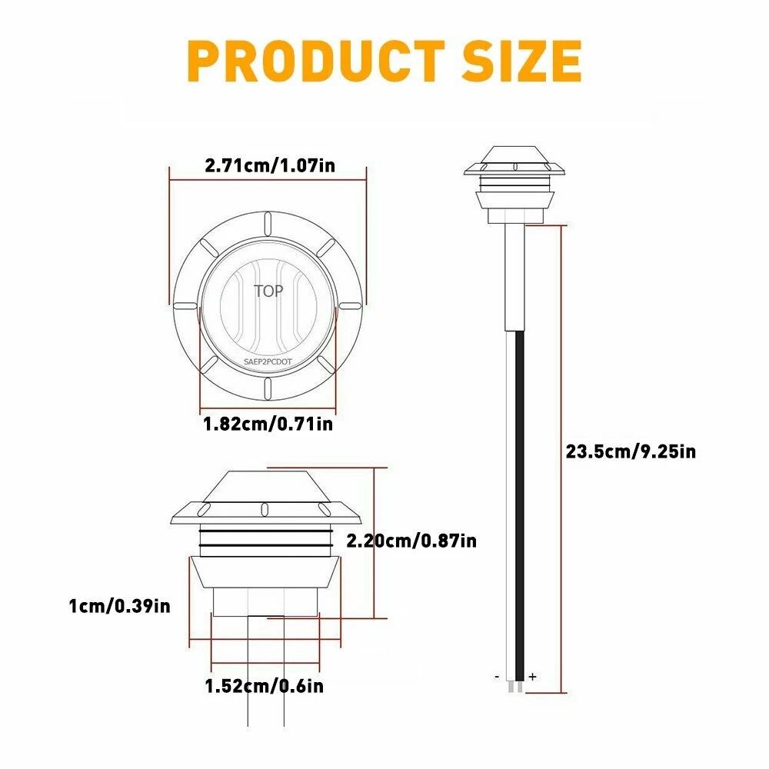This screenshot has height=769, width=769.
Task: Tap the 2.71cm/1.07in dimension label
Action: (268, 165)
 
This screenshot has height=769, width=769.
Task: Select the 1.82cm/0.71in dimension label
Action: (268, 423)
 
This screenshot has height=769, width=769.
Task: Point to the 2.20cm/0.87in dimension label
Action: (411, 541)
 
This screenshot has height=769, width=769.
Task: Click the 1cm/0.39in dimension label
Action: (119, 606)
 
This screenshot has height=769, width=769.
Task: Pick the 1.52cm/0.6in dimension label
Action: (264, 685)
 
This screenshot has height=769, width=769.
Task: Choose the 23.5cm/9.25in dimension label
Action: (631, 451)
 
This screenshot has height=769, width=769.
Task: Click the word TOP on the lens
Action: (268, 291)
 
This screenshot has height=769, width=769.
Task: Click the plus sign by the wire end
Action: (532, 677)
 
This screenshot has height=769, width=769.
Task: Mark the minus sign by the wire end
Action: (498, 677)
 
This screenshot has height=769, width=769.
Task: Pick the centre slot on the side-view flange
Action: (264, 508)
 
